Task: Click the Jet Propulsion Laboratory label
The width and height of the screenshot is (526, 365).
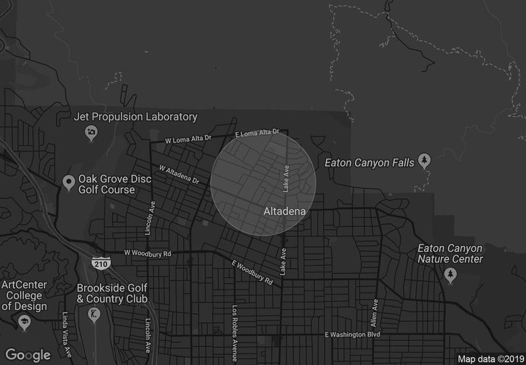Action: point(135,117)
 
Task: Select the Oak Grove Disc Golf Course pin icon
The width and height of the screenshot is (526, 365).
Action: point(68,182)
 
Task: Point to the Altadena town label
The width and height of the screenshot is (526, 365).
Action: point(285,211)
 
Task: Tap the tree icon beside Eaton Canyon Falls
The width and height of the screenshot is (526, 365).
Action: point(425,160)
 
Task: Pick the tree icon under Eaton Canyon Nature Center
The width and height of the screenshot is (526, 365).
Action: point(450,275)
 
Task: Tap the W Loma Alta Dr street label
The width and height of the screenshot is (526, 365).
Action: point(188,139)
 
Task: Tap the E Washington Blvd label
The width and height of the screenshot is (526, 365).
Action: point(353,335)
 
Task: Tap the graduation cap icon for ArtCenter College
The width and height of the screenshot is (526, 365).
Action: point(24,322)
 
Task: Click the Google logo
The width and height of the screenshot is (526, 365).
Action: point(28,354)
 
